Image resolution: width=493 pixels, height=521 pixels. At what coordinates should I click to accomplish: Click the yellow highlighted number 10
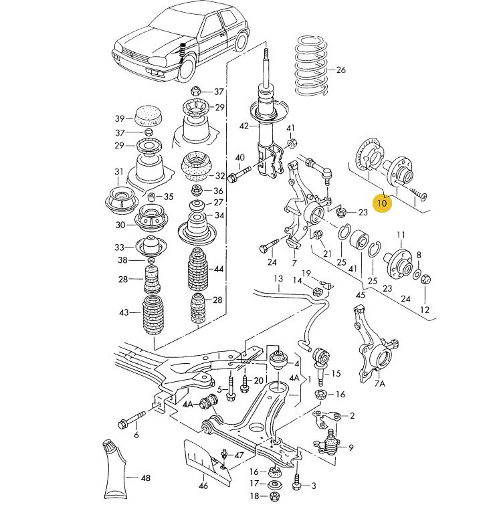click(x=383, y=202)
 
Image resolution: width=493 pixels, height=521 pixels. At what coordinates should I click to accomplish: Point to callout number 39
click(x=120, y=118)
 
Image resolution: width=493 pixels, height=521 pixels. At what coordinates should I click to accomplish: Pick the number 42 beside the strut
click(x=243, y=126)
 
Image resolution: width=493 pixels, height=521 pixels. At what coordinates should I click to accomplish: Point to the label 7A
click(x=380, y=384)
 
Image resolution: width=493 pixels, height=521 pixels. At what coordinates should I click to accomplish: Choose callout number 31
click(x=120, y=172)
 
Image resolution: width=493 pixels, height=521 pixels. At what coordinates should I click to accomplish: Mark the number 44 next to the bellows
click(x=219, y=269)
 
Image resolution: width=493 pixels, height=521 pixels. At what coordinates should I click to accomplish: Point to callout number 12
click(x=425, y=310)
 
